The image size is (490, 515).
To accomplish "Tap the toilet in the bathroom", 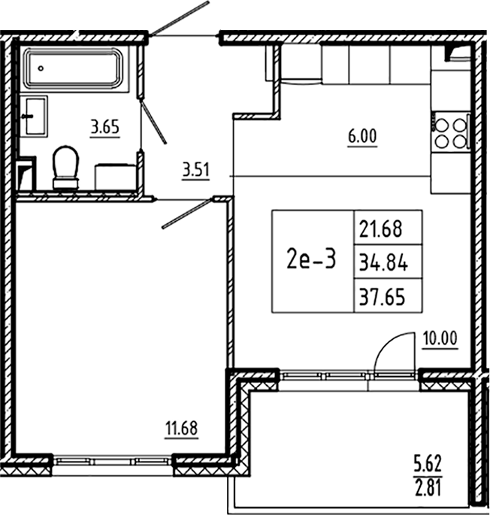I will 65,167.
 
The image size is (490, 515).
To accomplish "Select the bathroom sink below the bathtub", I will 33,116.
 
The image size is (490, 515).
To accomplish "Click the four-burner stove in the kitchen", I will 450,132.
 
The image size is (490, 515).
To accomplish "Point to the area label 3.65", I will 104,127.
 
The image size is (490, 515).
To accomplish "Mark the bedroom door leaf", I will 186,214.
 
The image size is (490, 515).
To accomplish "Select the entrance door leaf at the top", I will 179,18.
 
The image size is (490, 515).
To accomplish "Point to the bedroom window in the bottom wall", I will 111,460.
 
